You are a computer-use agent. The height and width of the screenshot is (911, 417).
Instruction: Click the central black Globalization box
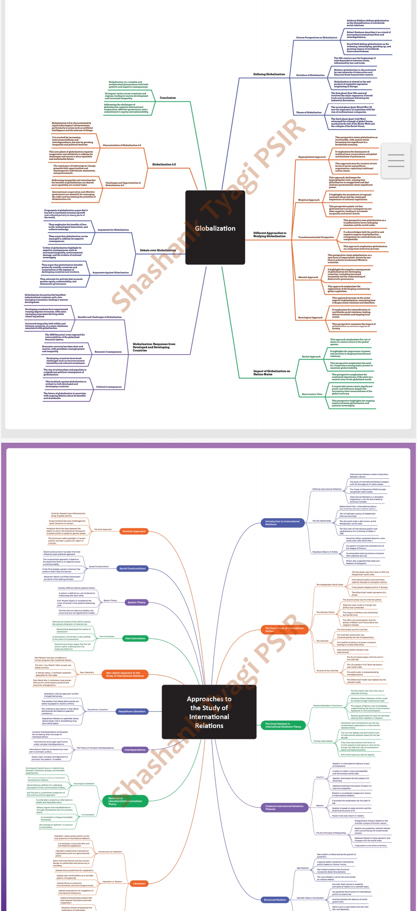pyautogui.click(x=215, y=228)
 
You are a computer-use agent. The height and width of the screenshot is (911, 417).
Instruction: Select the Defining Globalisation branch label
pyautogui.click(x=269, y=74)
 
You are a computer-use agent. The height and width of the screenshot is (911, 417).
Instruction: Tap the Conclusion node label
pyautogui.click(x=168, y=98)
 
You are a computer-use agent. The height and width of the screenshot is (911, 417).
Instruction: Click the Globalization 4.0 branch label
pyautogui.click(x=164, y=164)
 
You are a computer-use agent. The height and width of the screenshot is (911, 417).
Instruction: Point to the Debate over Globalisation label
pyautogui.click(x=158, y=250)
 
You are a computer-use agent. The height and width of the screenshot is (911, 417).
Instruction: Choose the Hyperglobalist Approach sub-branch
pyautogui.click(x=312, y=157)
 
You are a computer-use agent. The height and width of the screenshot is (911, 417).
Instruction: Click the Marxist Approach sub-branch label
pyautogui.click(x=308, y=277)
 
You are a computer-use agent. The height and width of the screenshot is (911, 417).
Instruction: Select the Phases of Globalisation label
pyautogui.click(x=309, y=113)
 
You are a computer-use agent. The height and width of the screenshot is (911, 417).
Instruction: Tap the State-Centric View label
pyautogui.click(x=312, y=394)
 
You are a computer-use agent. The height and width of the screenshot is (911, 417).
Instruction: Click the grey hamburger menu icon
pyautogui.click(x=396, y=160)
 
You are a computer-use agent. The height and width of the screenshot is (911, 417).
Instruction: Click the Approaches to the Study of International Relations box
pyautogui.click(x=209, y=712)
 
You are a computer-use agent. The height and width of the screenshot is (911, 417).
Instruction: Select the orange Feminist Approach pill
pyautogui.click(x=134, y=531)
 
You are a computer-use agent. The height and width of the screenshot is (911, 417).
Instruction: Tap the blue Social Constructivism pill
pyautogui.click(x=132, y=568)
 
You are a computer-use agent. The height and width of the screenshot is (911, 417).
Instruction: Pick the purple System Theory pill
pyautogui.click(x=136, y=602)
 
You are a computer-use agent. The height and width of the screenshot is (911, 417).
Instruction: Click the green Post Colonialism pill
pyautogui.click(x=135, y=638)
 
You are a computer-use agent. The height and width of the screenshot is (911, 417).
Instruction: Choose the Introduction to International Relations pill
pyautogui.click(x=282, y=523)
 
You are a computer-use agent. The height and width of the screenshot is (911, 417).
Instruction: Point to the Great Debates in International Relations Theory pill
pyautogui.click(x=283, y=725)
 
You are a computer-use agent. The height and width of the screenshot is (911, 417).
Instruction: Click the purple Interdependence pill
pyautogui.click(x=135, y=750)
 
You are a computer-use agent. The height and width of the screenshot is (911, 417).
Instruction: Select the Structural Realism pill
pyautogui.click(x=275, y=900)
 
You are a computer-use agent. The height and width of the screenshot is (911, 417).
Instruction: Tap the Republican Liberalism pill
pyautogui.click(x=132, y=711)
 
